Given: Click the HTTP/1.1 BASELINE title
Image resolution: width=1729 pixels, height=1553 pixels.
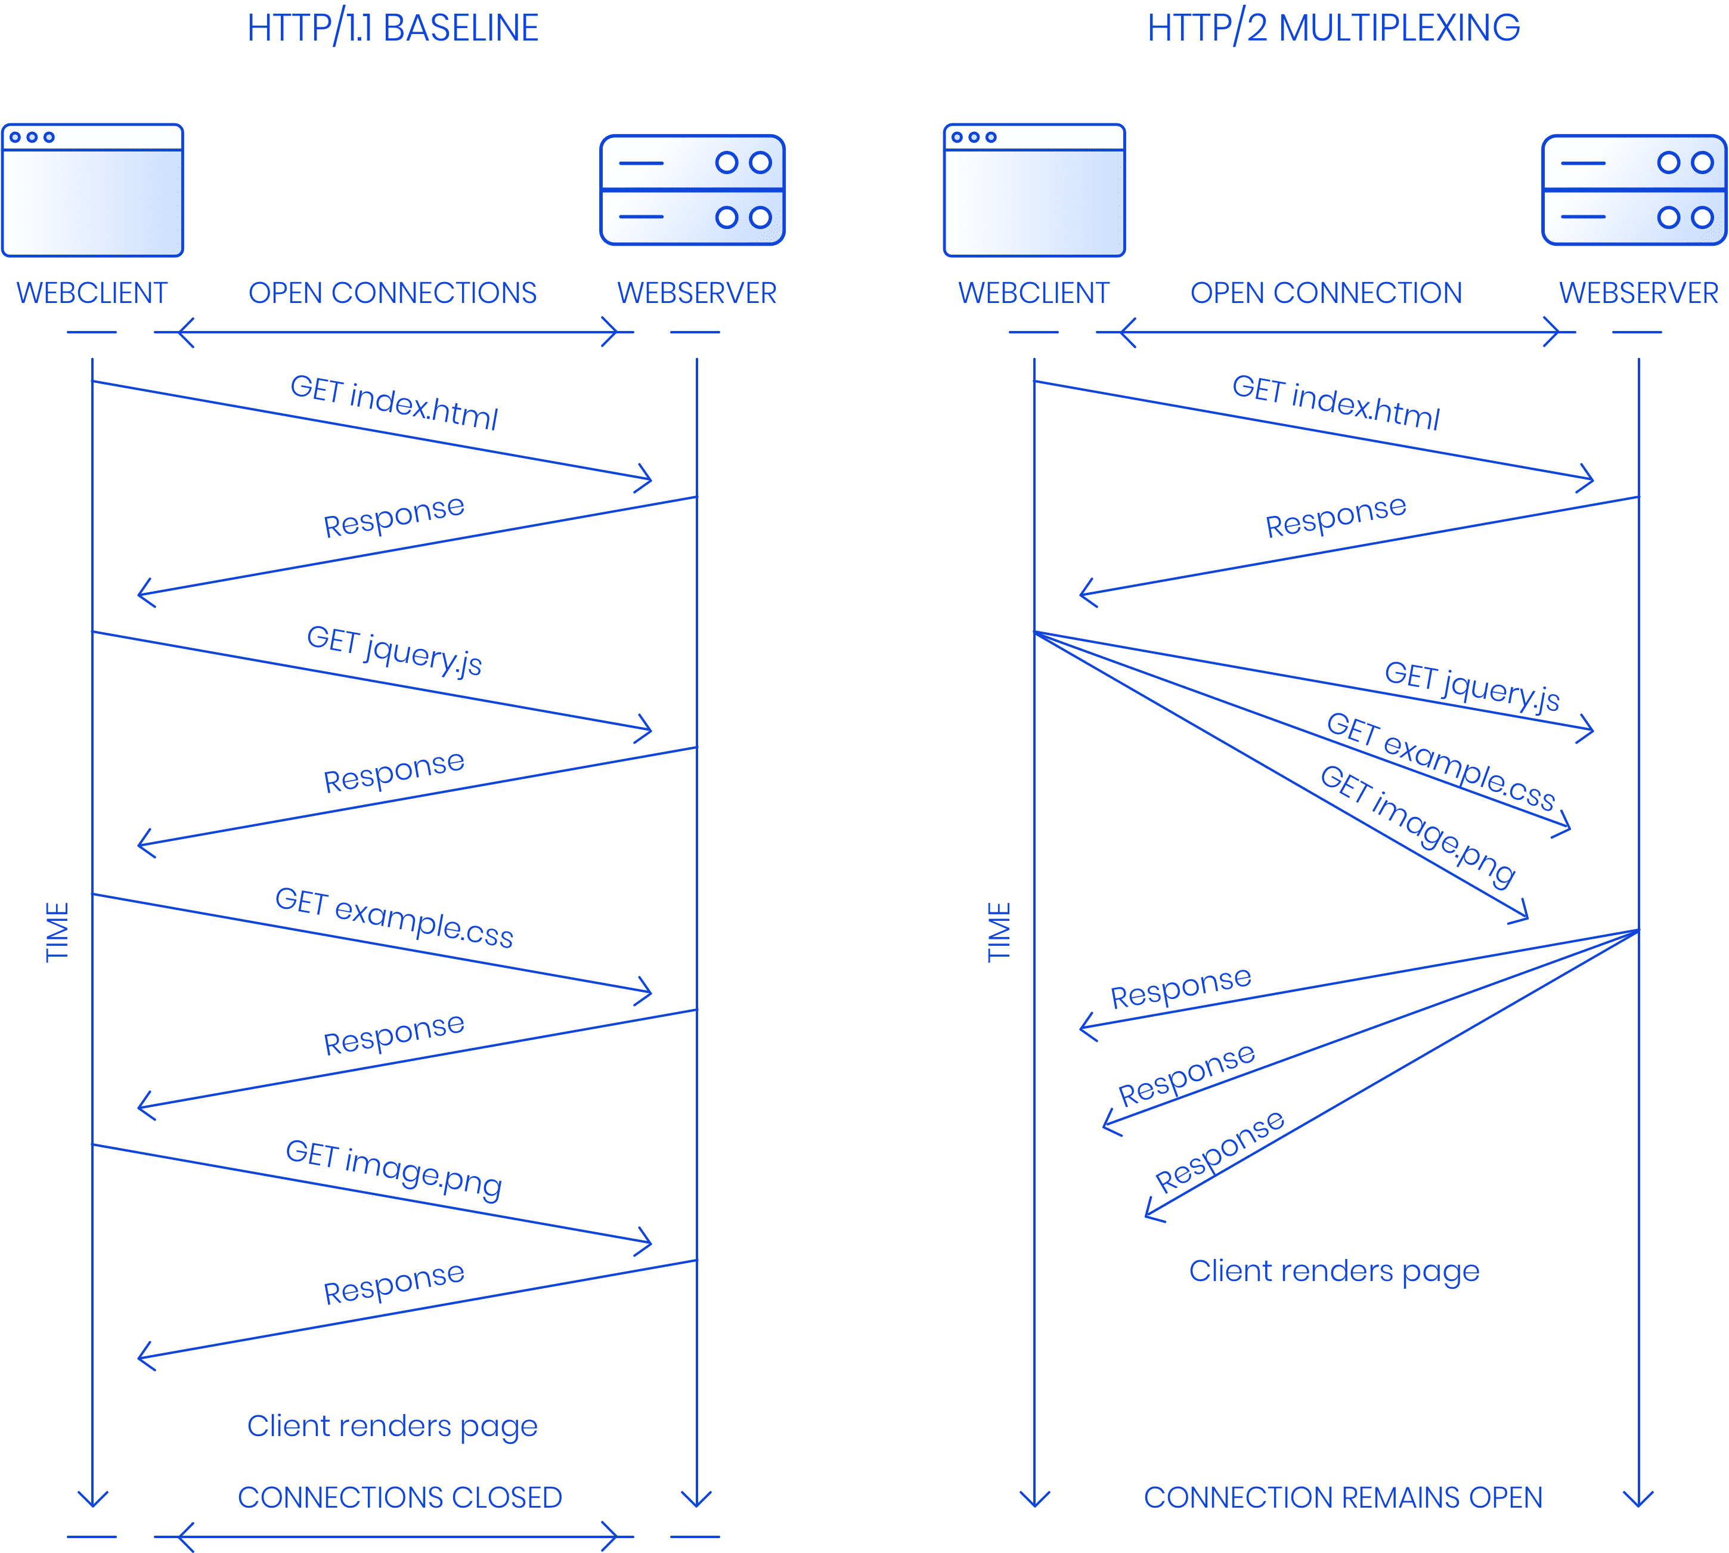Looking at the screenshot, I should click(x=392, y=28).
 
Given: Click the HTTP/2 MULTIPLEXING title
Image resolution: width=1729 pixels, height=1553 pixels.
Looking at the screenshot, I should click(x=1333, y=28).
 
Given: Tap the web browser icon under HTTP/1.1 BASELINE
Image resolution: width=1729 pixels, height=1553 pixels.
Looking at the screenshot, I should click(x=92, y=190).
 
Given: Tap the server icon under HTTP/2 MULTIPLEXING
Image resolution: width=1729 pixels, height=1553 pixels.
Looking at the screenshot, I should click(x=1634, y=190).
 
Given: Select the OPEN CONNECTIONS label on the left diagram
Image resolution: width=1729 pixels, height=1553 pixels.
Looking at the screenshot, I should click(x=392, y=293).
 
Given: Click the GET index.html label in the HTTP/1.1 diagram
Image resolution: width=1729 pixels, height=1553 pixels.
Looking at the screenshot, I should click(x=394, y=403).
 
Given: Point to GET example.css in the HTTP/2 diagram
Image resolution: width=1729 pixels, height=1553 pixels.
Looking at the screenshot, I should click(x=1440, y=762).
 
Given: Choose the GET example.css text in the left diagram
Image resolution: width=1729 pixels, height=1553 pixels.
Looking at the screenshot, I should click(x=394, y=919).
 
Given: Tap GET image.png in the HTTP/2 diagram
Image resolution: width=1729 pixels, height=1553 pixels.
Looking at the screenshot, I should click(x=1418, y=824).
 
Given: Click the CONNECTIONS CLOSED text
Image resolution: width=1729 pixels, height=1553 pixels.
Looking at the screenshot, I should click(x=399, y=1498).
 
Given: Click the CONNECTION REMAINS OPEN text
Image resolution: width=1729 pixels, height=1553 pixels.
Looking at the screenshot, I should click(x=1343, y=1498).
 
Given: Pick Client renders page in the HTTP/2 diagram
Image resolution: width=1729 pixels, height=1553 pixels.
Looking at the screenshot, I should click(x=1334, y=1272).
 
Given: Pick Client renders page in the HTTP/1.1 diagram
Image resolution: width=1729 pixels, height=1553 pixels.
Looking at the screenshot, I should click(x=392, y=1426).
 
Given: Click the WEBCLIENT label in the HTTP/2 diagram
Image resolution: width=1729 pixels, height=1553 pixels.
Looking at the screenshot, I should click(x=1033, y=293).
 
